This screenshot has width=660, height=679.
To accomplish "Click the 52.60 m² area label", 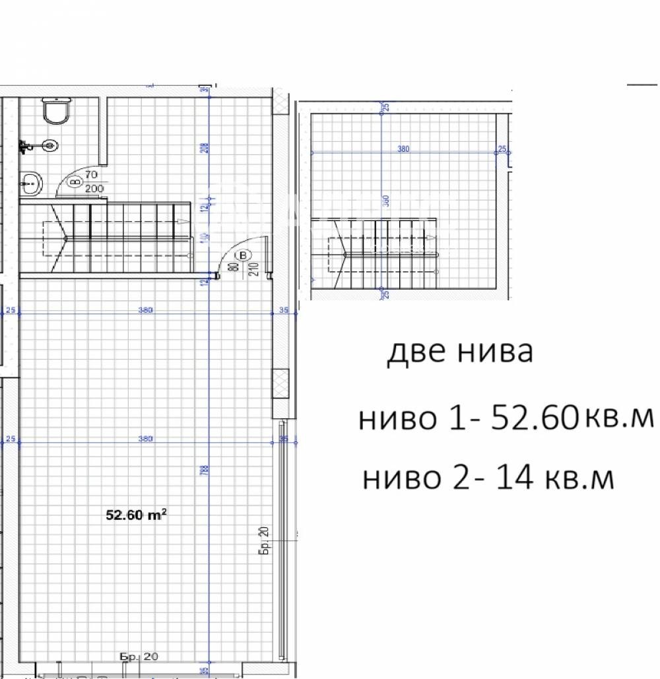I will (x=136, y=514).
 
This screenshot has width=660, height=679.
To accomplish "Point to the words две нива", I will (x=459, y=353).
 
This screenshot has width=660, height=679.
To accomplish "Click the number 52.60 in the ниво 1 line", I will (x=533, y=418).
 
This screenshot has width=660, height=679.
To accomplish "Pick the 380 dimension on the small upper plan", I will (x=403, y=149).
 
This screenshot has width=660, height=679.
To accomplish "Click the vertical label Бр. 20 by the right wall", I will (x=263, y=541).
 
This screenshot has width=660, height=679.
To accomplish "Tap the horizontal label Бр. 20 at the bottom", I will (x=139, y=657).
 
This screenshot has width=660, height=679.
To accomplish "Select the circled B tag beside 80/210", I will (x=245, y=254).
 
